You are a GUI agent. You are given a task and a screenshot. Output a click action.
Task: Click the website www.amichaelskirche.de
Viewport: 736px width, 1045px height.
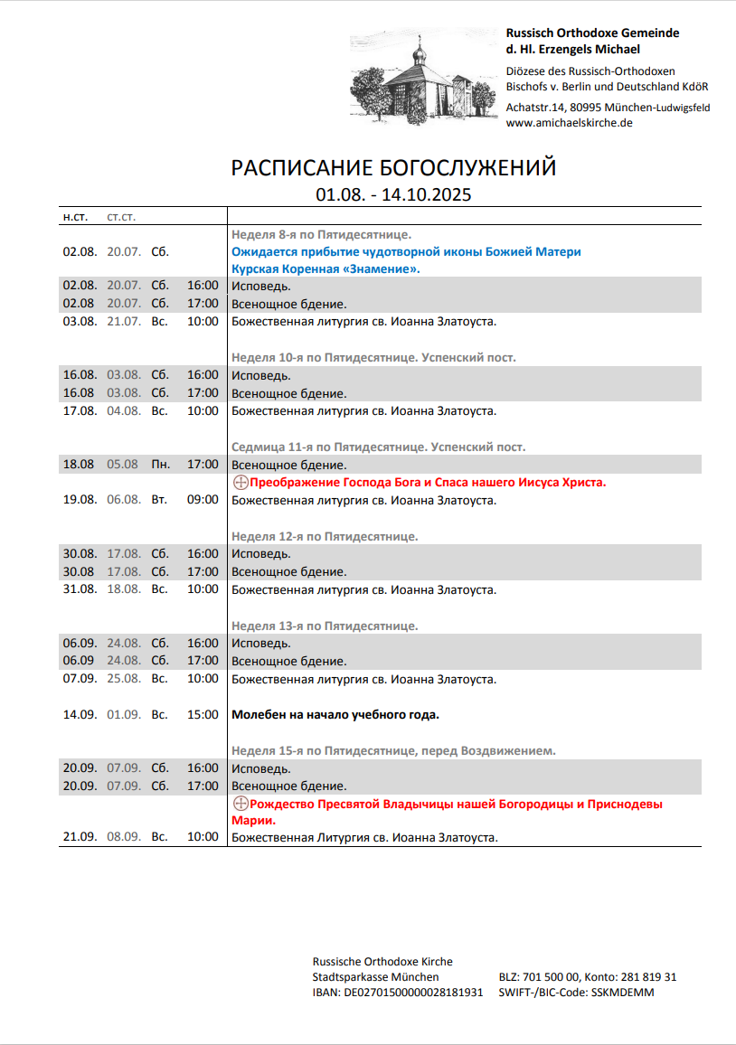(x=569, y=123)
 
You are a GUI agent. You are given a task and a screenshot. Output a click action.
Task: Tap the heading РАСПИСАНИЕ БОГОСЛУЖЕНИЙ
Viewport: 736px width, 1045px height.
(x=393, y=168)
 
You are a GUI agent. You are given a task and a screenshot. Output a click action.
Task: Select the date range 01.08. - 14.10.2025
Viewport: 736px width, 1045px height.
(x=393, y=194)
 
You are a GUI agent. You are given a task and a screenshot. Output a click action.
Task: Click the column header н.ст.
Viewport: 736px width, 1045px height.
(x=75, y=217)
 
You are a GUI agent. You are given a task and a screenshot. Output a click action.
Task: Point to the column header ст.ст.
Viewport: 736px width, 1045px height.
(x=121, y=217)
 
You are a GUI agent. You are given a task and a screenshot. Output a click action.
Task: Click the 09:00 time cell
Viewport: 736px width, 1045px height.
(x=203, y=499)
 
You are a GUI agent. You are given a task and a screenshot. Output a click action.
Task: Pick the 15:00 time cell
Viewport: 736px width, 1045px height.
(x=203, y=714)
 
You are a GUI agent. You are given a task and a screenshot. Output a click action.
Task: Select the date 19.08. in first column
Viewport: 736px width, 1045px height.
(x=80, y=499)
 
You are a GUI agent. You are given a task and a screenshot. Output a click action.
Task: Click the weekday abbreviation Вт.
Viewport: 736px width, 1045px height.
(x=159, y=499)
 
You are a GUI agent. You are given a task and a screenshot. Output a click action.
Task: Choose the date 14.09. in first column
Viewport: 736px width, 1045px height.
(x=80, y=714)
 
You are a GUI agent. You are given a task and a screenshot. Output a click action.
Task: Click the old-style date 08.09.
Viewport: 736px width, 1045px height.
(x=124, y=837)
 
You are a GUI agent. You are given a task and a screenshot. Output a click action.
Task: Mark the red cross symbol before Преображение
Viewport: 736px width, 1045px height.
(x=241, y=483)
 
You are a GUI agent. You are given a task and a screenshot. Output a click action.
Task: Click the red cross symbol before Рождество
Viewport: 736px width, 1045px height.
(x=241, y=804)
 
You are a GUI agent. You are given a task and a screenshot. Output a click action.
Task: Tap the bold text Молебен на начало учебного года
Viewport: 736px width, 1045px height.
(x=335, y=714)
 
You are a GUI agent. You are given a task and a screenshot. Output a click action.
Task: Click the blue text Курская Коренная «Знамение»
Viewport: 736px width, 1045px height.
(x=326, y=268)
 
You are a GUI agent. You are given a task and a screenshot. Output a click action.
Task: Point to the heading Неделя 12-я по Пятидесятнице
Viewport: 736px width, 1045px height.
(x=325, y=536)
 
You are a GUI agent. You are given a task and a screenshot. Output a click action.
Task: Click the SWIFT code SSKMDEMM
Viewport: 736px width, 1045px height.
(x=622, y=992)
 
